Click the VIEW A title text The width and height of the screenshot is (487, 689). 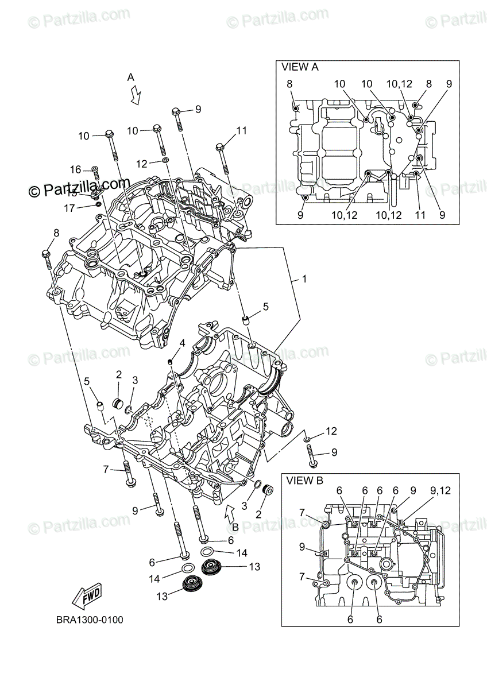click(300, 67)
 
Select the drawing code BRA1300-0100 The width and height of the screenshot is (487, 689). click(89, 620)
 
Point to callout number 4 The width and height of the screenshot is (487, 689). click(181, 343)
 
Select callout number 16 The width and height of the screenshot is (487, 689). click(76, 169)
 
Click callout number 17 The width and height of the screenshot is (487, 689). click(69, 208)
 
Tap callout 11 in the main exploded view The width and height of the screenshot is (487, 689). click(241, 131)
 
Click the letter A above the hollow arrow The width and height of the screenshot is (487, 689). click(130, 77)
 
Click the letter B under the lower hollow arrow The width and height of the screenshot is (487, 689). click(234, 526)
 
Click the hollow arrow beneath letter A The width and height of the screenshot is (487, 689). click(136, 95)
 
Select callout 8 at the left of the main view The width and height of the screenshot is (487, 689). click(56, 233)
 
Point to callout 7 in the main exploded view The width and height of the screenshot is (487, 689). click(106, 469)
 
